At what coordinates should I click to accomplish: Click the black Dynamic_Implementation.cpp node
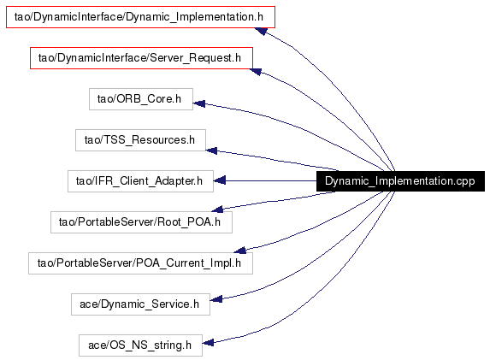(400, 181)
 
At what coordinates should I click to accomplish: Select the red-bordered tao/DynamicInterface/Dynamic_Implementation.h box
(140, 17)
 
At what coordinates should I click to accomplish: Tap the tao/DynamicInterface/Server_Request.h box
(141, 58)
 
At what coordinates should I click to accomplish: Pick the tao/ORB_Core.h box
(141, 99)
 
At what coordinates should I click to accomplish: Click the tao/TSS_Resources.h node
(140, 140)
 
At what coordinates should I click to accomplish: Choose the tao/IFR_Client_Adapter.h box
(140, 181)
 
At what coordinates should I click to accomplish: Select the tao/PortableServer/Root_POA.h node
(141, 222)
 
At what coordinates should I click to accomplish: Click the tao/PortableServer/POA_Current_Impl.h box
(140, 263)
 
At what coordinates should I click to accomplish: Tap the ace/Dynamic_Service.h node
(140, 304)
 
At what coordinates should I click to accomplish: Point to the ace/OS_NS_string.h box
(140, 345)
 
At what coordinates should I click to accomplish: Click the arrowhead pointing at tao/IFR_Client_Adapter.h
(220, 180)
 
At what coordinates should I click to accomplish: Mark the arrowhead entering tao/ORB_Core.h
(199, 103)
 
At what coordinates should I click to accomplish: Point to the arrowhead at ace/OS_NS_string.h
(208, 343)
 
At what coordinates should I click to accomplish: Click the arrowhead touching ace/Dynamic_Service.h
(216, 299)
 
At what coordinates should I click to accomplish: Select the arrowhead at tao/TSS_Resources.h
(211, 150)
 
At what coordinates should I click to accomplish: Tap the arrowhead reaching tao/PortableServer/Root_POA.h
(217, 210)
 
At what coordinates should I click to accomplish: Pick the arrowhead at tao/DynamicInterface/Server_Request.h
(256, 72)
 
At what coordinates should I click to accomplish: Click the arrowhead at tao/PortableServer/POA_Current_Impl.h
(239, 250)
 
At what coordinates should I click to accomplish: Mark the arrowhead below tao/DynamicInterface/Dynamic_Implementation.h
(261, 31)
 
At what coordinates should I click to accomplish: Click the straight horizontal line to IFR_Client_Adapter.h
(271, 180)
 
